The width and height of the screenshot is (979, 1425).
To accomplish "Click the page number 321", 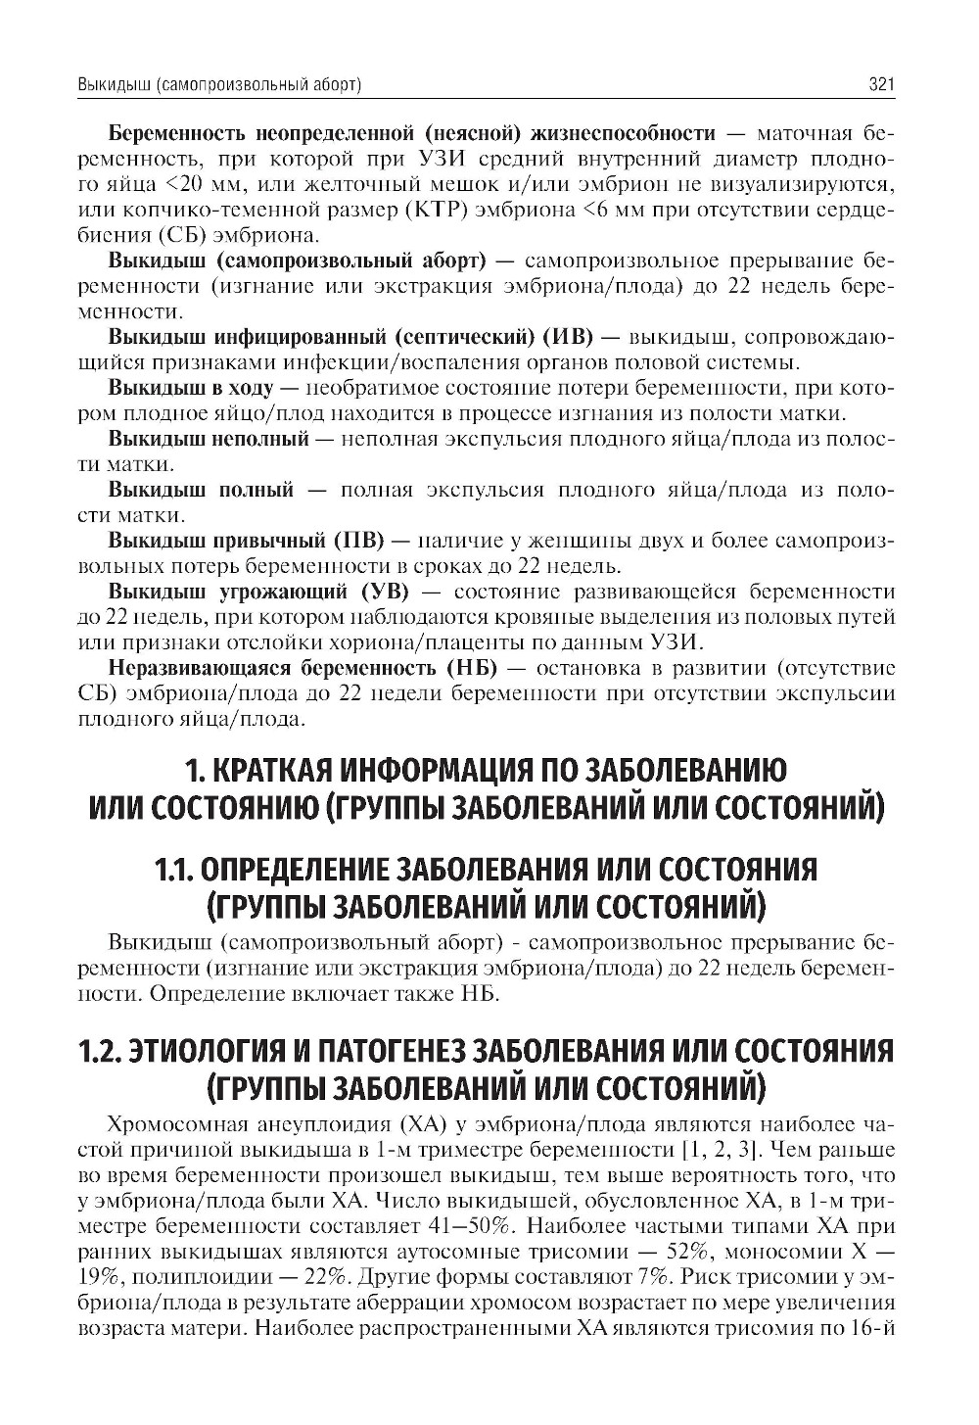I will point(881,86).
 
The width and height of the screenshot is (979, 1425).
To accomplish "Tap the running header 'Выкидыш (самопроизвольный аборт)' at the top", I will point(220,86).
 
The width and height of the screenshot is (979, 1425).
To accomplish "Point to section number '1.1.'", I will point(178,869).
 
